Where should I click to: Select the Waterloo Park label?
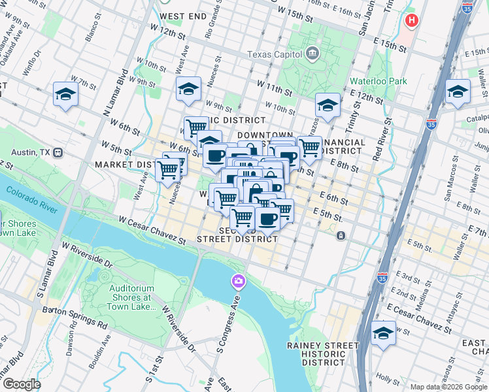tap(378, 81)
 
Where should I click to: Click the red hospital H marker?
tap(411, 20)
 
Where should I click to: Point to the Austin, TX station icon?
tap(58, 152)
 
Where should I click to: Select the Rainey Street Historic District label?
tap(323, 354)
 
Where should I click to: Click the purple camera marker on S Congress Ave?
tap(239, 282)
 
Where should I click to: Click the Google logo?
tap(21, 385)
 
